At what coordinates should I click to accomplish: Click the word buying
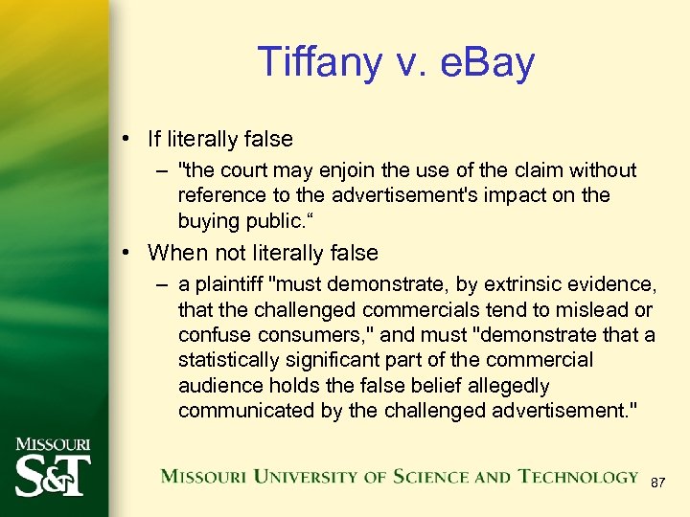tap(207, 220)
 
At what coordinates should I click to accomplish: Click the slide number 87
tap(657, 483)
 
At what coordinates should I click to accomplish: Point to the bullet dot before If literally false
tap(126, 139)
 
